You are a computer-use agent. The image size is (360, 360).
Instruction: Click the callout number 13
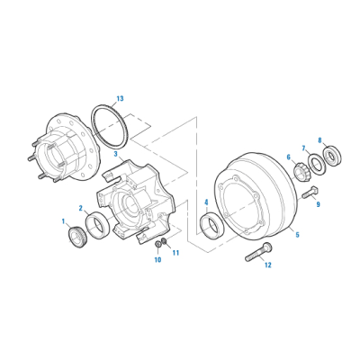click(120, 99)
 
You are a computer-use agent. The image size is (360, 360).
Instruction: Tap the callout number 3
click(115, 154)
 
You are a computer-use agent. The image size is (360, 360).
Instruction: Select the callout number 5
click(297, 234)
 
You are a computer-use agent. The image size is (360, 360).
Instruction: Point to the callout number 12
click(267, 265)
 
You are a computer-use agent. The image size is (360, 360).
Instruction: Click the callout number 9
click(318, 204)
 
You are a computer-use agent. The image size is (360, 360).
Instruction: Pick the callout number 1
click(63, 221)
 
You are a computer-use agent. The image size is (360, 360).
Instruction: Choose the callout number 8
click(319, 140)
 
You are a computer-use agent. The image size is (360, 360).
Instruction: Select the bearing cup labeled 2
click(97, 225)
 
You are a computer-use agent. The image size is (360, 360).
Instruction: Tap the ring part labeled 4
click(211, 225)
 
